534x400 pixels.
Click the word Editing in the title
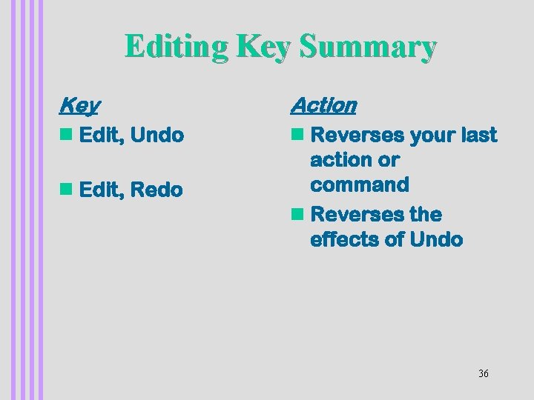(x=177, y=47)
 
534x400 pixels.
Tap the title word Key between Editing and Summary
(x=265, y=47)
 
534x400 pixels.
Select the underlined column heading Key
(x=79, y=105)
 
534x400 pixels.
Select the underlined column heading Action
(x=323, y=105)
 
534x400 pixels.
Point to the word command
(x=360, y=184)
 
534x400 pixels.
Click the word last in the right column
(x=478, y=135)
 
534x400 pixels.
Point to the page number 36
(x=484, y=373)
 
